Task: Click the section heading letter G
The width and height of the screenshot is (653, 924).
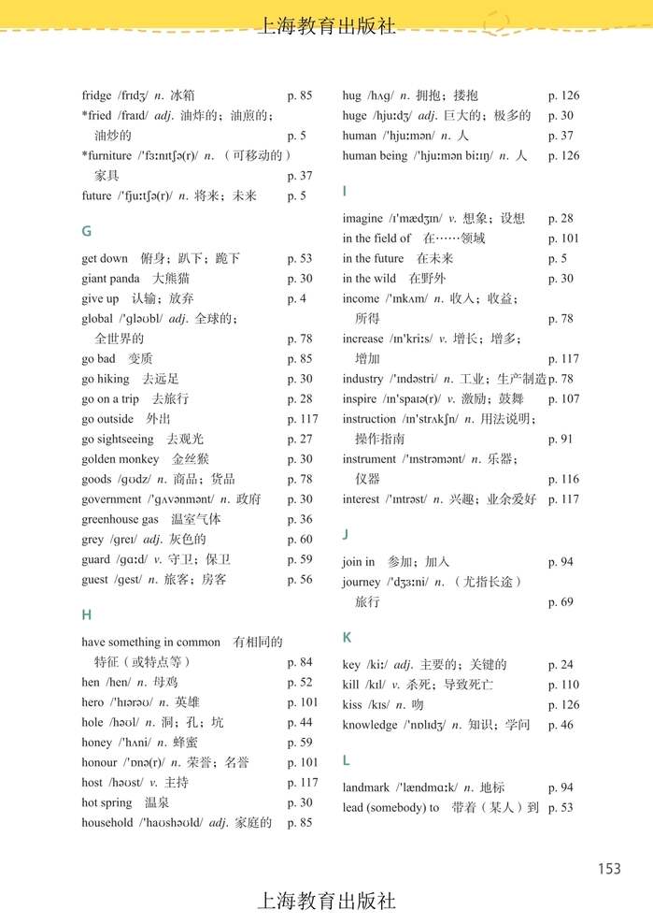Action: pos(87,231)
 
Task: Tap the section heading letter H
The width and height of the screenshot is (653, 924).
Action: pos(87,614)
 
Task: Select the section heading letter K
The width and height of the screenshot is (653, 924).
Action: pos(347,637)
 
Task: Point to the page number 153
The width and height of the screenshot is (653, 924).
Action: pos(609,869)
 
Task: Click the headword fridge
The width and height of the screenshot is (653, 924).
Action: pos(96,95)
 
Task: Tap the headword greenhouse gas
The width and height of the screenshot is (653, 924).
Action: pos(120,519)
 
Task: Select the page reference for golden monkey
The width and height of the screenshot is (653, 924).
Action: pos(300,459)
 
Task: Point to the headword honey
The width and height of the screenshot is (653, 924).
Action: pos(98,743)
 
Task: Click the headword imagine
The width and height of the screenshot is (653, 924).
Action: pos(362,219)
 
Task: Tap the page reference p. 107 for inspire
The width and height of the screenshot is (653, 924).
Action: pos(563,399)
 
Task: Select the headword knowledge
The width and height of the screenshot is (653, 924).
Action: pos(369,725)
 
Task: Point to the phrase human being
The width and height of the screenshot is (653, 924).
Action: pos(375,156)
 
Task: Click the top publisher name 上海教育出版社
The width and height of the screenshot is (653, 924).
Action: pos(326,26)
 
